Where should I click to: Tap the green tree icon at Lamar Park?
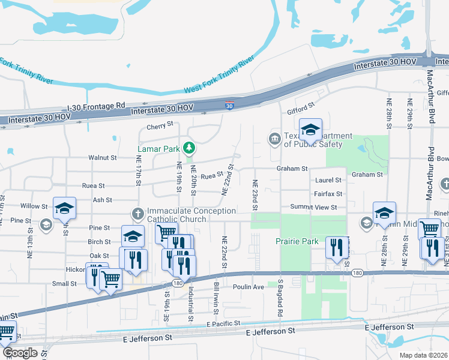coord(189,147)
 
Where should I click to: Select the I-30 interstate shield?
coord(229,105)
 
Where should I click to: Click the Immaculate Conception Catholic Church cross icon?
coord(137,212)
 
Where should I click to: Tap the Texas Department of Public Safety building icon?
coord(275,139)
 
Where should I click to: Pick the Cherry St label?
coord(160,127)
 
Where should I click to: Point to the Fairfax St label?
coord(328,194)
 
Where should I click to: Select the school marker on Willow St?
coord(64,208)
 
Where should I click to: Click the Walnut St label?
coord(103,157)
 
